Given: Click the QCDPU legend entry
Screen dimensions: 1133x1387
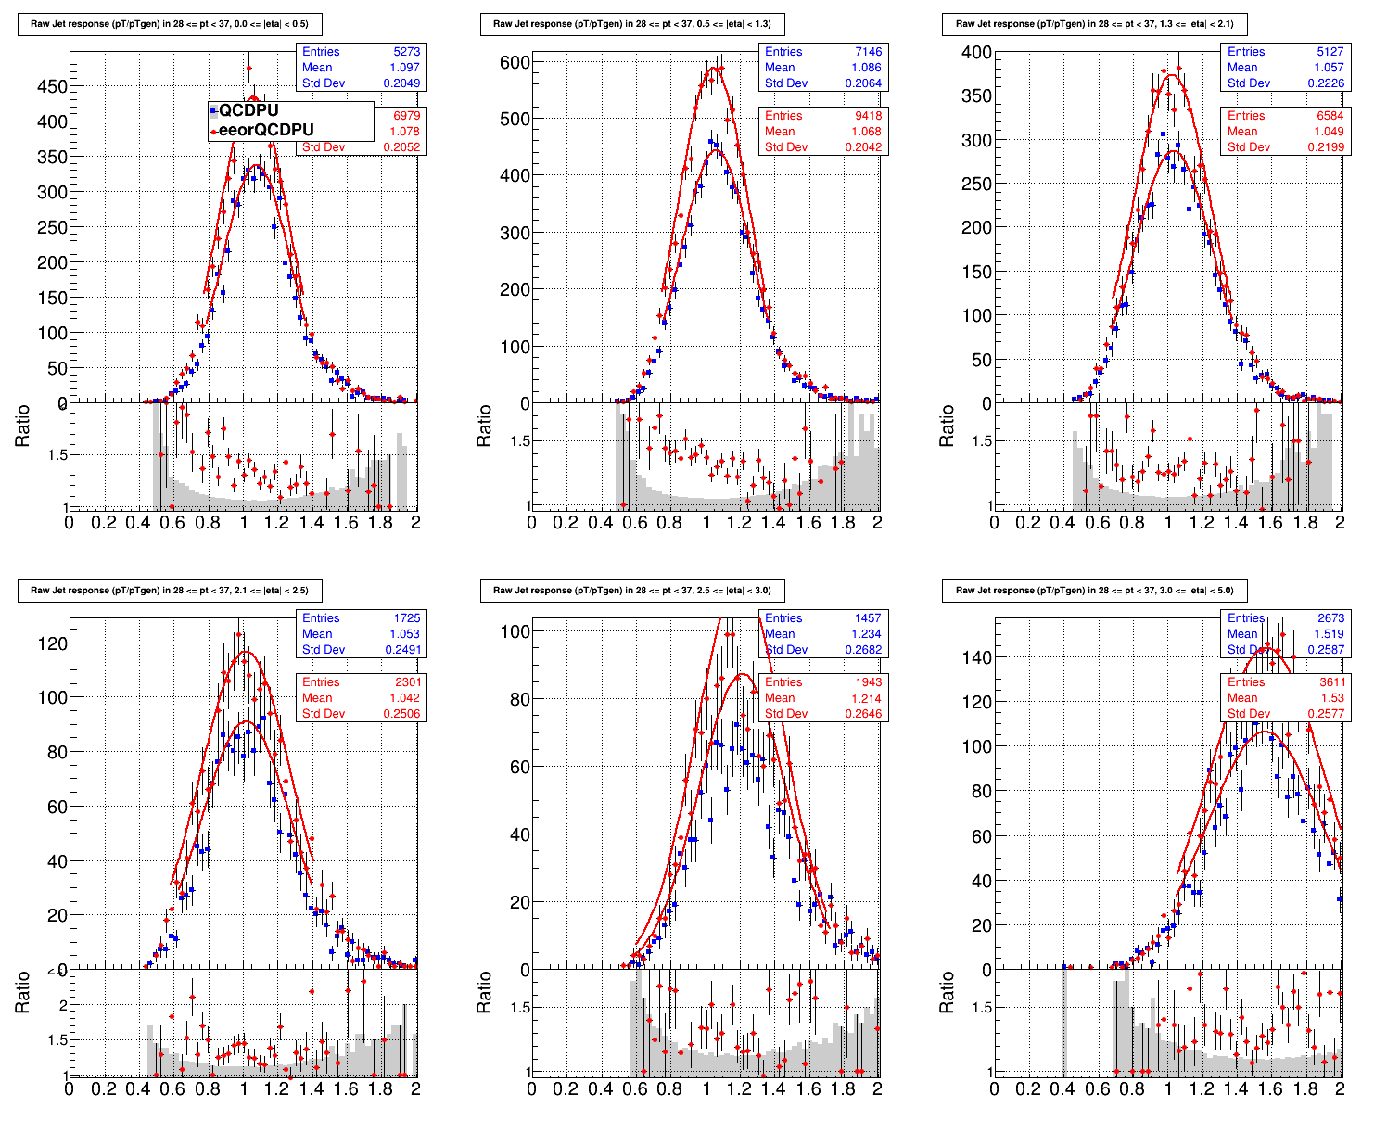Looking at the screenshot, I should point(248,110).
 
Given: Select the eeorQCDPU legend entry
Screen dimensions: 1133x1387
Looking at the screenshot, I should point(266,130).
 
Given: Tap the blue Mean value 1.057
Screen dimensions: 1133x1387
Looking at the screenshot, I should point(1330,68).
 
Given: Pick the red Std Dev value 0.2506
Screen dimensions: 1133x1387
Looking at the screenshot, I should point(401,714).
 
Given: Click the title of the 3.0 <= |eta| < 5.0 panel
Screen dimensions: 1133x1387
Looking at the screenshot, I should point(1093,591).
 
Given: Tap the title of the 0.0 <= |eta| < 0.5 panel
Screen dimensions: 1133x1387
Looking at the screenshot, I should point(170,24).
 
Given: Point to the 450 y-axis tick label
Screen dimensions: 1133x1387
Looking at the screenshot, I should point(51,87).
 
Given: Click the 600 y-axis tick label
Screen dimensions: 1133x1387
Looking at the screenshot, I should point(515,62).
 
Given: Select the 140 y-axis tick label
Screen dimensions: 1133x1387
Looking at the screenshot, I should point(977,657).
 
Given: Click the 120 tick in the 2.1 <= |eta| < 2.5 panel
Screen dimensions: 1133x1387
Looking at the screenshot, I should point(51,643).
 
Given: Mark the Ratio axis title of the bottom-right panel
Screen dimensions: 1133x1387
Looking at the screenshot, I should point(947,993).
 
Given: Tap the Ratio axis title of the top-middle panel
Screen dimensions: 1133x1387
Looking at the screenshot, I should point(484,426).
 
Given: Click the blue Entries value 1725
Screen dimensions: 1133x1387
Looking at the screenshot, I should point(406,618).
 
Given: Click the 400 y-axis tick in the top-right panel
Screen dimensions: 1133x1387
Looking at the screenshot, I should point(977,53).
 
